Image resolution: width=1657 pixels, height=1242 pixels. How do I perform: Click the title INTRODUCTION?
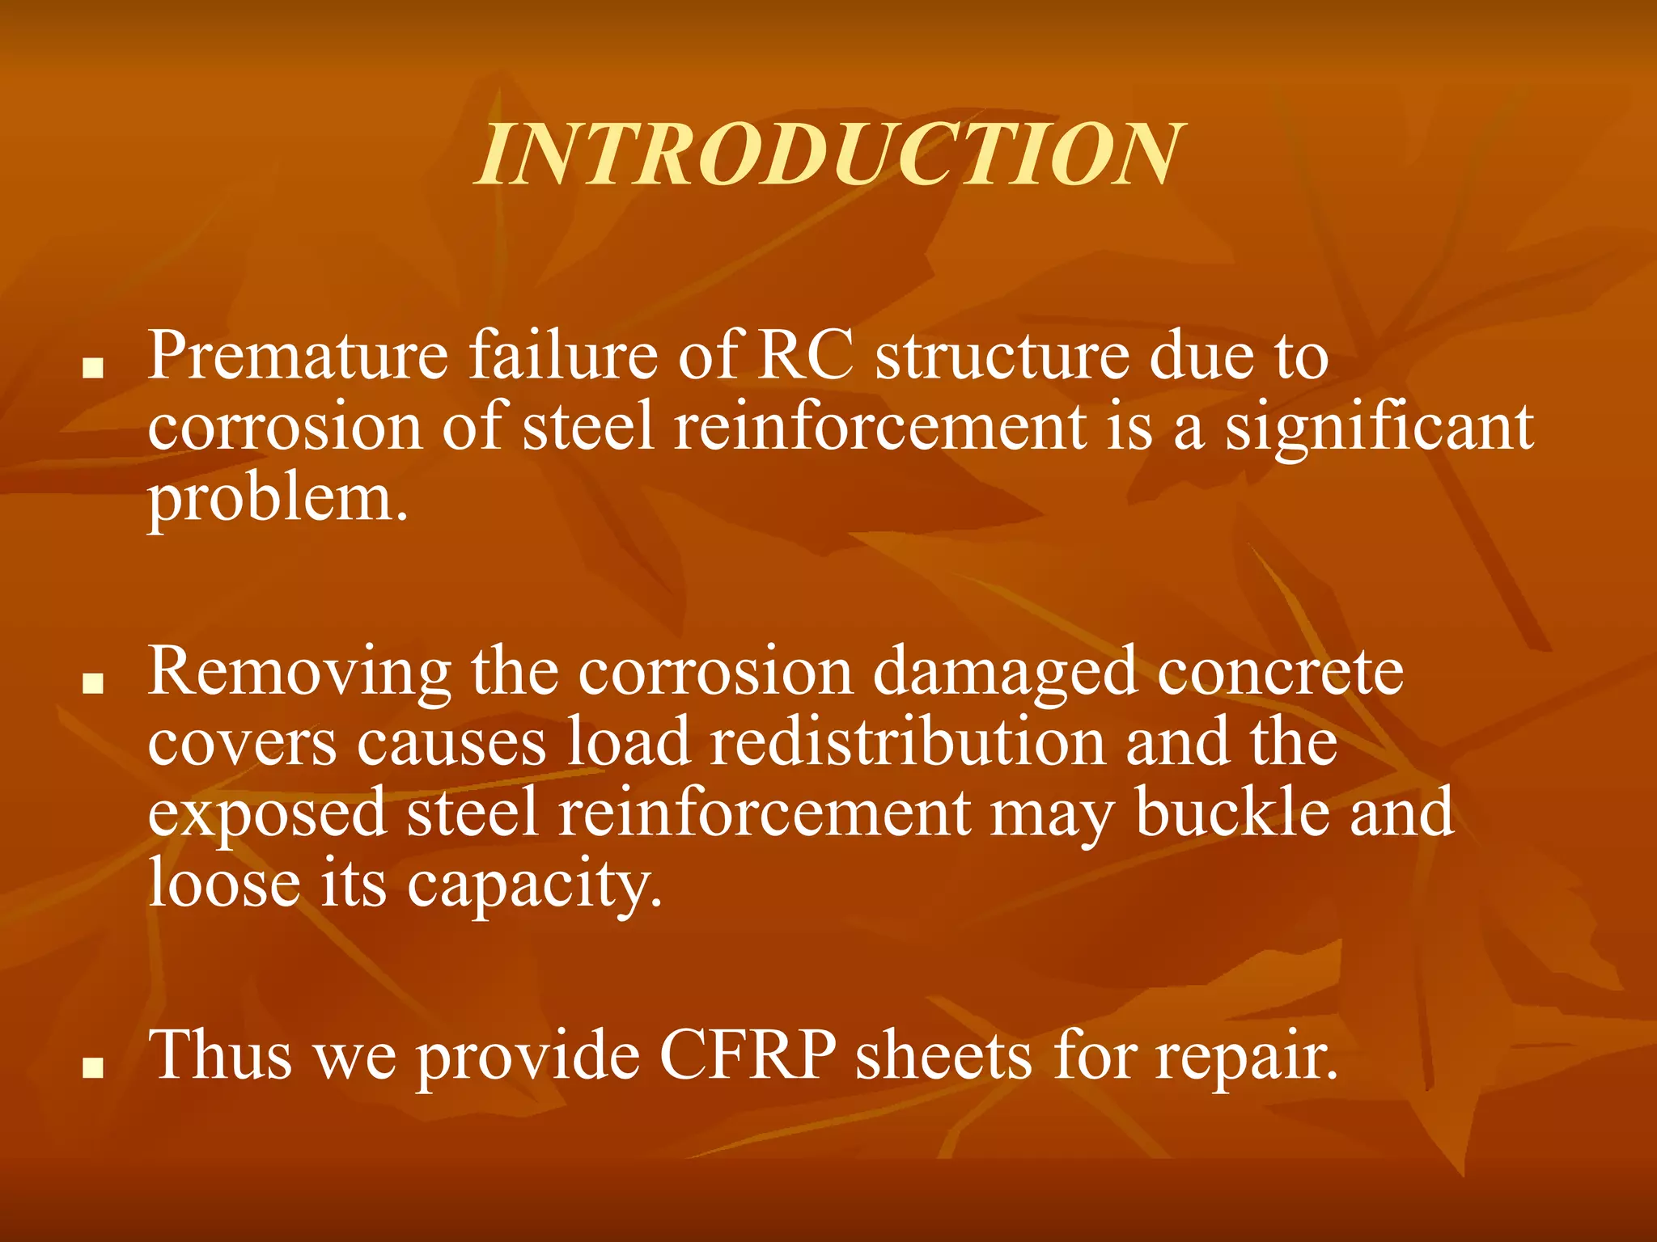pos(829,155)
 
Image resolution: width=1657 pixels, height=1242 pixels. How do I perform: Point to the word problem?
pos(278,498)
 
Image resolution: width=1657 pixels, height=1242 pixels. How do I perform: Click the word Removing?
pos(299,672)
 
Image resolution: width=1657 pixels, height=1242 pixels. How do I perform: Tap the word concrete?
pos(1280,672)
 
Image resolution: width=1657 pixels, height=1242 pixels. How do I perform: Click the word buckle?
pos(1232,813)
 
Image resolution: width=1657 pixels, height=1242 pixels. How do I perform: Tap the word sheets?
pos(943,1055)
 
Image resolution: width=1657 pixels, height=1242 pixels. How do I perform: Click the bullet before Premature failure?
pos(94,370)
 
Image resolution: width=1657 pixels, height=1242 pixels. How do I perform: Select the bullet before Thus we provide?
pos(94,1070)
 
